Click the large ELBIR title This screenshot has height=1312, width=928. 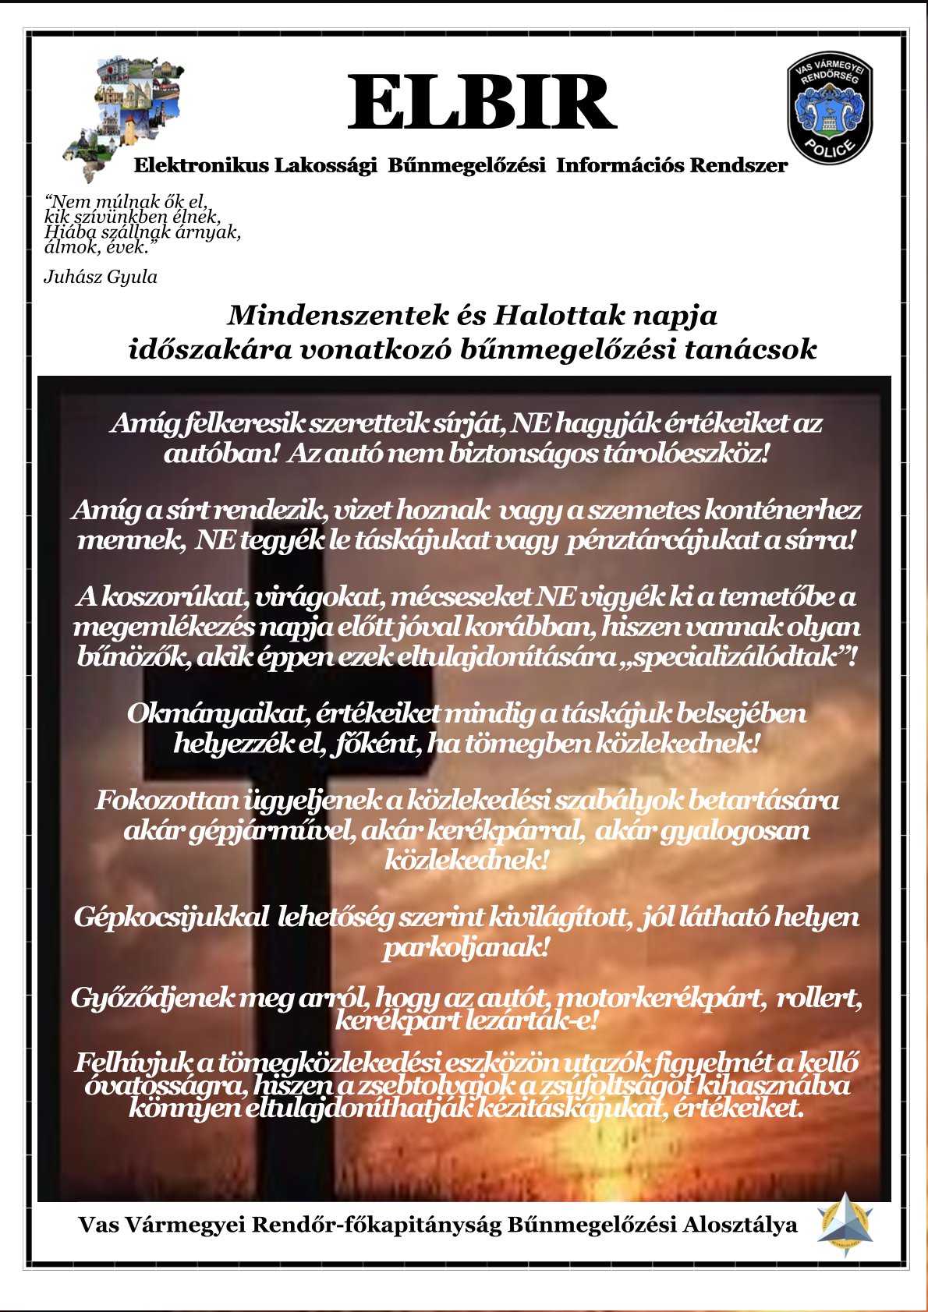click(481, 102)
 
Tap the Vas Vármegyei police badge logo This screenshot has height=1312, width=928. click(829, 107)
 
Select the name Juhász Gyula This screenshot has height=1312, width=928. click(101, 277)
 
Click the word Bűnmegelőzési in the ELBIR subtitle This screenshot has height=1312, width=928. click(466, 165)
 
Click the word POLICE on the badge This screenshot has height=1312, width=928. click(831, 148)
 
